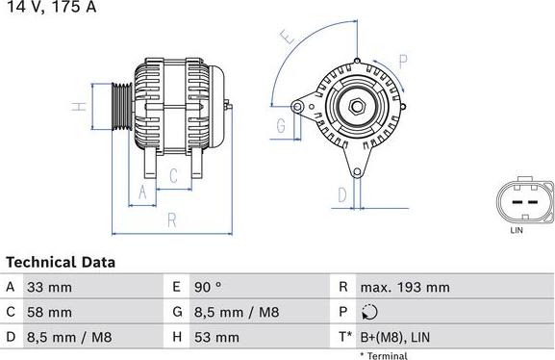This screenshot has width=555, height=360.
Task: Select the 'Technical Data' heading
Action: [61, 262]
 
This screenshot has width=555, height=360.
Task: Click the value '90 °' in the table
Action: [209, 287]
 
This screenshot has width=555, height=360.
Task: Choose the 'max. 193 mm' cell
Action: [404, 287]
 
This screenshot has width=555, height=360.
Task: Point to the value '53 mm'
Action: [218, 337]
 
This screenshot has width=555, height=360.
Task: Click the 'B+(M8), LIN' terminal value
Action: [396, 337]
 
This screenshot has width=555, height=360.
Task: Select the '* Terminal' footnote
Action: [385, 355]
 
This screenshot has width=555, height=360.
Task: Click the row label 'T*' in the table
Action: [343, 337]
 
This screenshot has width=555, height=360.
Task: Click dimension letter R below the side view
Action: [171, 220]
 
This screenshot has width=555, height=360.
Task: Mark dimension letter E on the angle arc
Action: [286, 38]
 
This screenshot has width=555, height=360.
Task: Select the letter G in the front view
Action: [282, 126]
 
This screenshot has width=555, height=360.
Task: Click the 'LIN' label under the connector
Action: [517, 231]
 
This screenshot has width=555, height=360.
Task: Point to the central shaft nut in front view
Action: [357, 107]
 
